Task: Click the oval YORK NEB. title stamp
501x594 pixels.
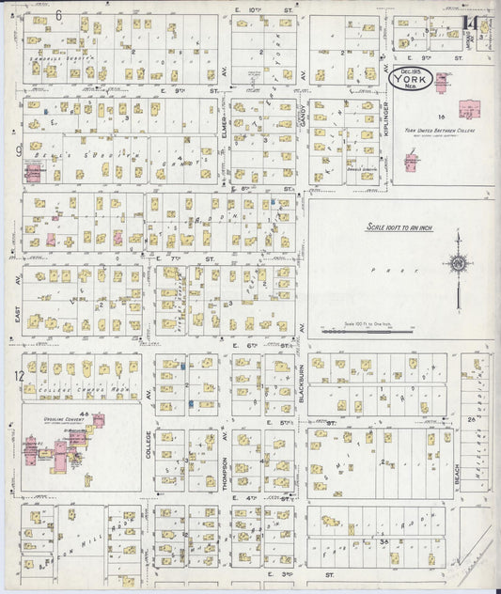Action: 413,80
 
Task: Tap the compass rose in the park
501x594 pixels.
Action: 458,265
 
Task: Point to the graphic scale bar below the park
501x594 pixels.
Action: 368,331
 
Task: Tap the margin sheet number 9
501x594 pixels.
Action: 18,149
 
